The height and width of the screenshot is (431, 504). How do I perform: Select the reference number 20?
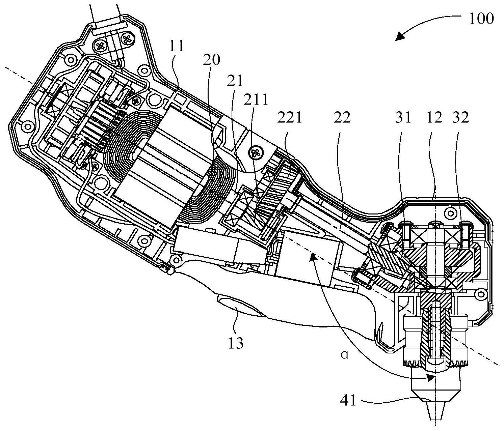[x=211, y=59]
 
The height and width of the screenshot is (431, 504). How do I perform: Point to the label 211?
[x=256, y=99]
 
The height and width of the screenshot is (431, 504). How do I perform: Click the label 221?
[x=289, y=118]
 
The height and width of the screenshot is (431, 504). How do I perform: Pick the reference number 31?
[x=403, y=118]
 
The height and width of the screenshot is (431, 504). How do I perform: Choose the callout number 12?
[x=434, y=118]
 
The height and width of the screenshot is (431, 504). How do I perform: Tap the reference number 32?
[x=461, y=118]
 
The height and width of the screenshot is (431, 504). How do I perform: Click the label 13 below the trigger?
[x=236, y=343]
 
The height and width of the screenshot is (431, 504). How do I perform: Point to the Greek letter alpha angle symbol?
[x=345, y=355]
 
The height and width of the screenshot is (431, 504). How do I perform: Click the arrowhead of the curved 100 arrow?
[x=400, y=36]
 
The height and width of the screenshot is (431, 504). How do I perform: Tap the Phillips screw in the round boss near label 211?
[x=256, y=153]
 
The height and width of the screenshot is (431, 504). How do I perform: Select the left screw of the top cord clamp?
[x=101, y=45]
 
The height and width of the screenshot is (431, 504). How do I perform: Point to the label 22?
[x=342, y=118]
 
